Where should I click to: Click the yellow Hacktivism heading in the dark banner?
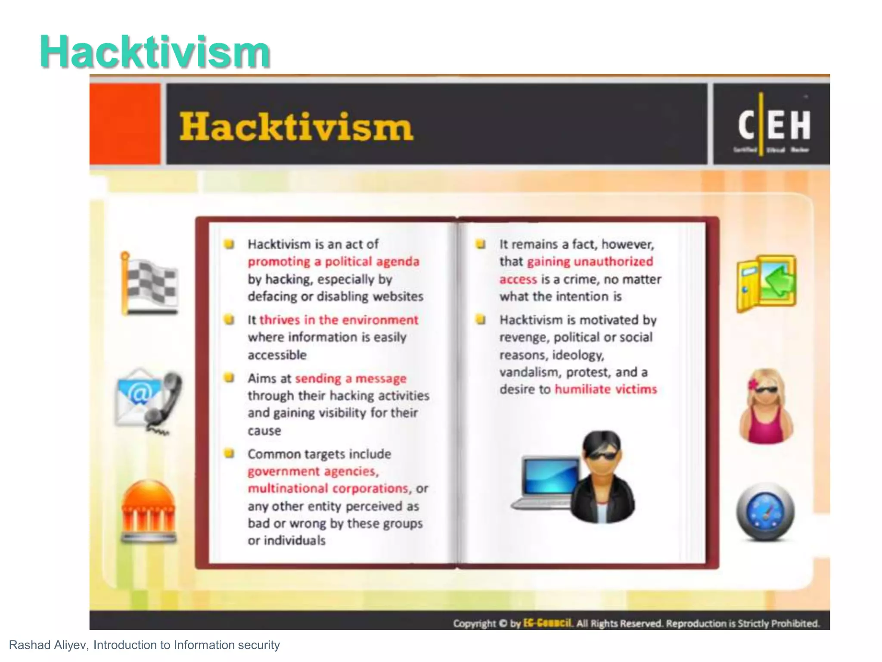(296, 127)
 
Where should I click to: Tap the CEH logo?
(773, 125)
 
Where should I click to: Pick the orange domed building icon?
(149, 511)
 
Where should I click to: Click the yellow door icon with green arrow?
(766, 283)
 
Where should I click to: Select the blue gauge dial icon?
(765, 512)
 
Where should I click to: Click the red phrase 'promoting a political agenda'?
(333, 262)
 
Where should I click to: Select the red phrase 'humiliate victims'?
(606, 389)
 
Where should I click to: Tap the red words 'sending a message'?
(351, 378)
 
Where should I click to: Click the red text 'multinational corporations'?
(328, 488)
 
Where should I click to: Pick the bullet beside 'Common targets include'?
(229, 453)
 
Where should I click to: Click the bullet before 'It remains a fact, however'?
(480, 244)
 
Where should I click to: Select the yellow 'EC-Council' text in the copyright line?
(547, 623)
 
